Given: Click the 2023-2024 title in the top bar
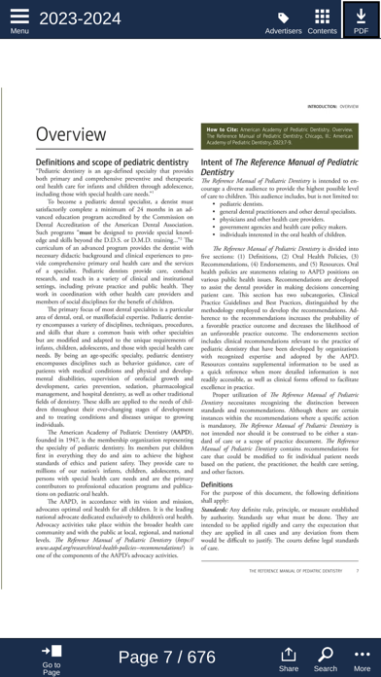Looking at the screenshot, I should click(x=81, y=18).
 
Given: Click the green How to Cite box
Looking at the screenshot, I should click(x=280, y=136).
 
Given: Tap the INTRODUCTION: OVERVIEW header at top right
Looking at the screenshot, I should click(x=332, y=106).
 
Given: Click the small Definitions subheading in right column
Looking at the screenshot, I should click(x=217, y=483).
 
